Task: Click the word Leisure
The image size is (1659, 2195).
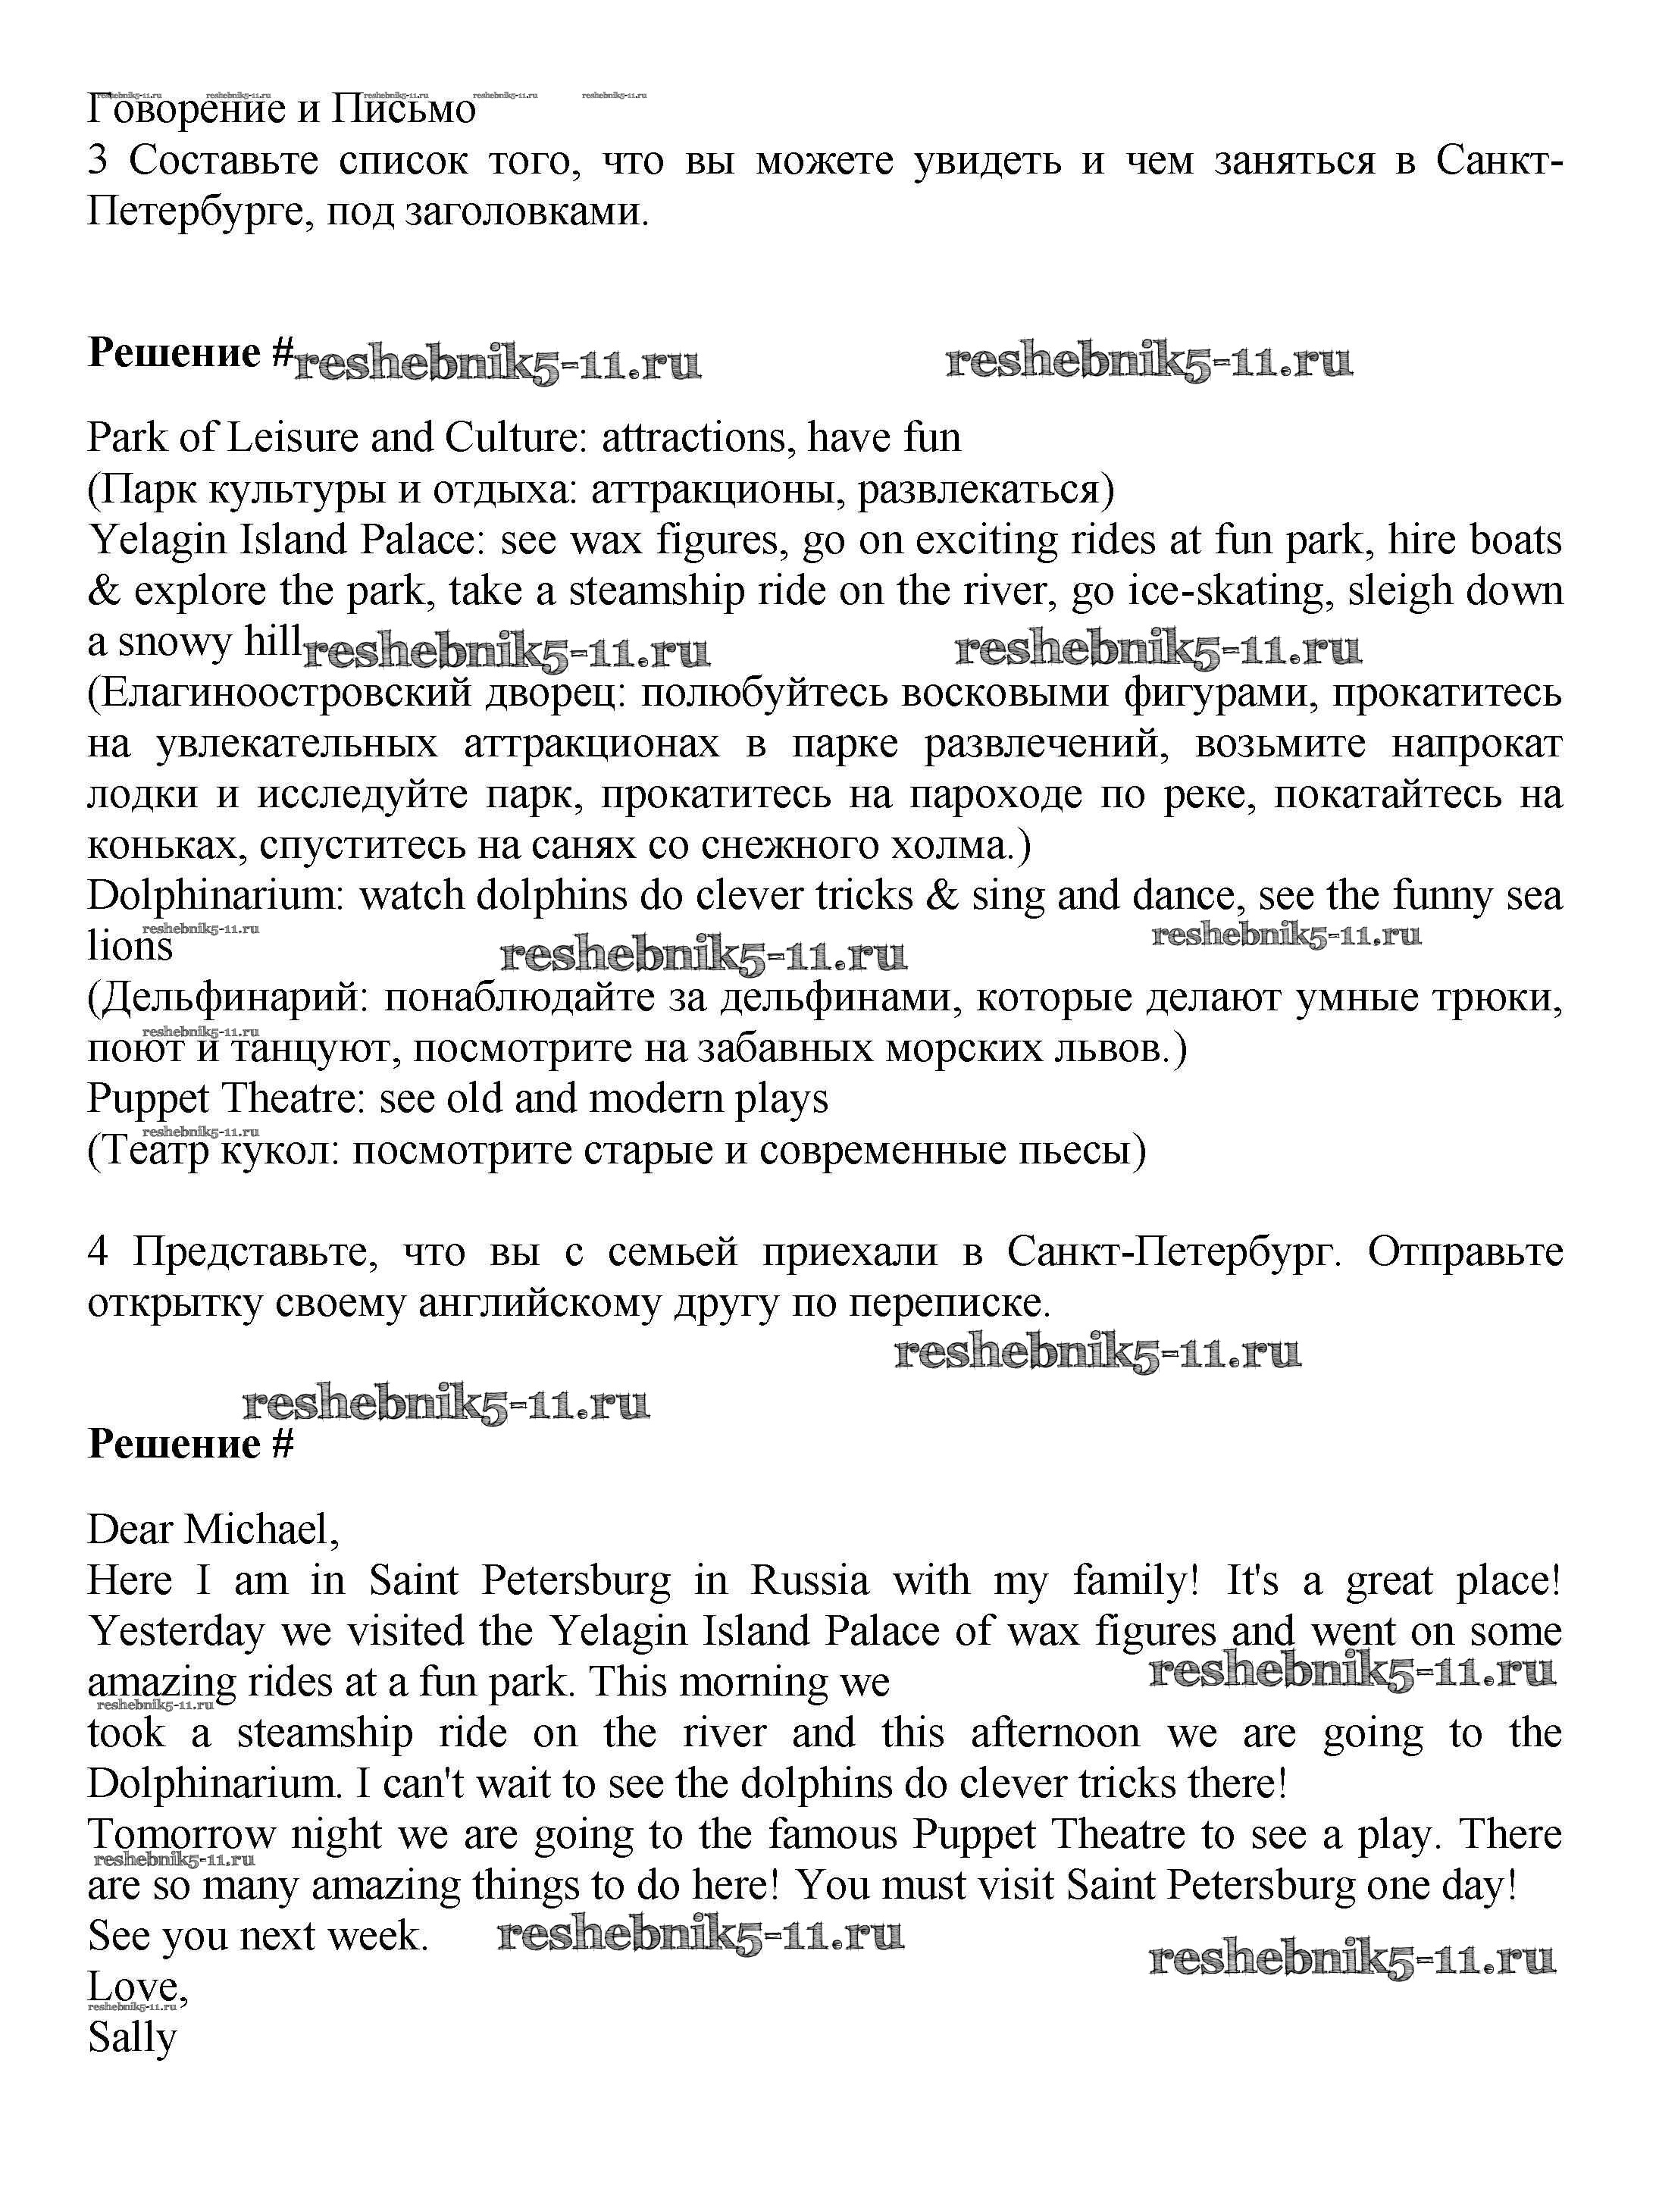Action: [x=292, y=437]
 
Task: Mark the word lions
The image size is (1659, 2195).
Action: [x=130, y=947]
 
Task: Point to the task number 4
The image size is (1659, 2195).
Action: [x=97, y=1252]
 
